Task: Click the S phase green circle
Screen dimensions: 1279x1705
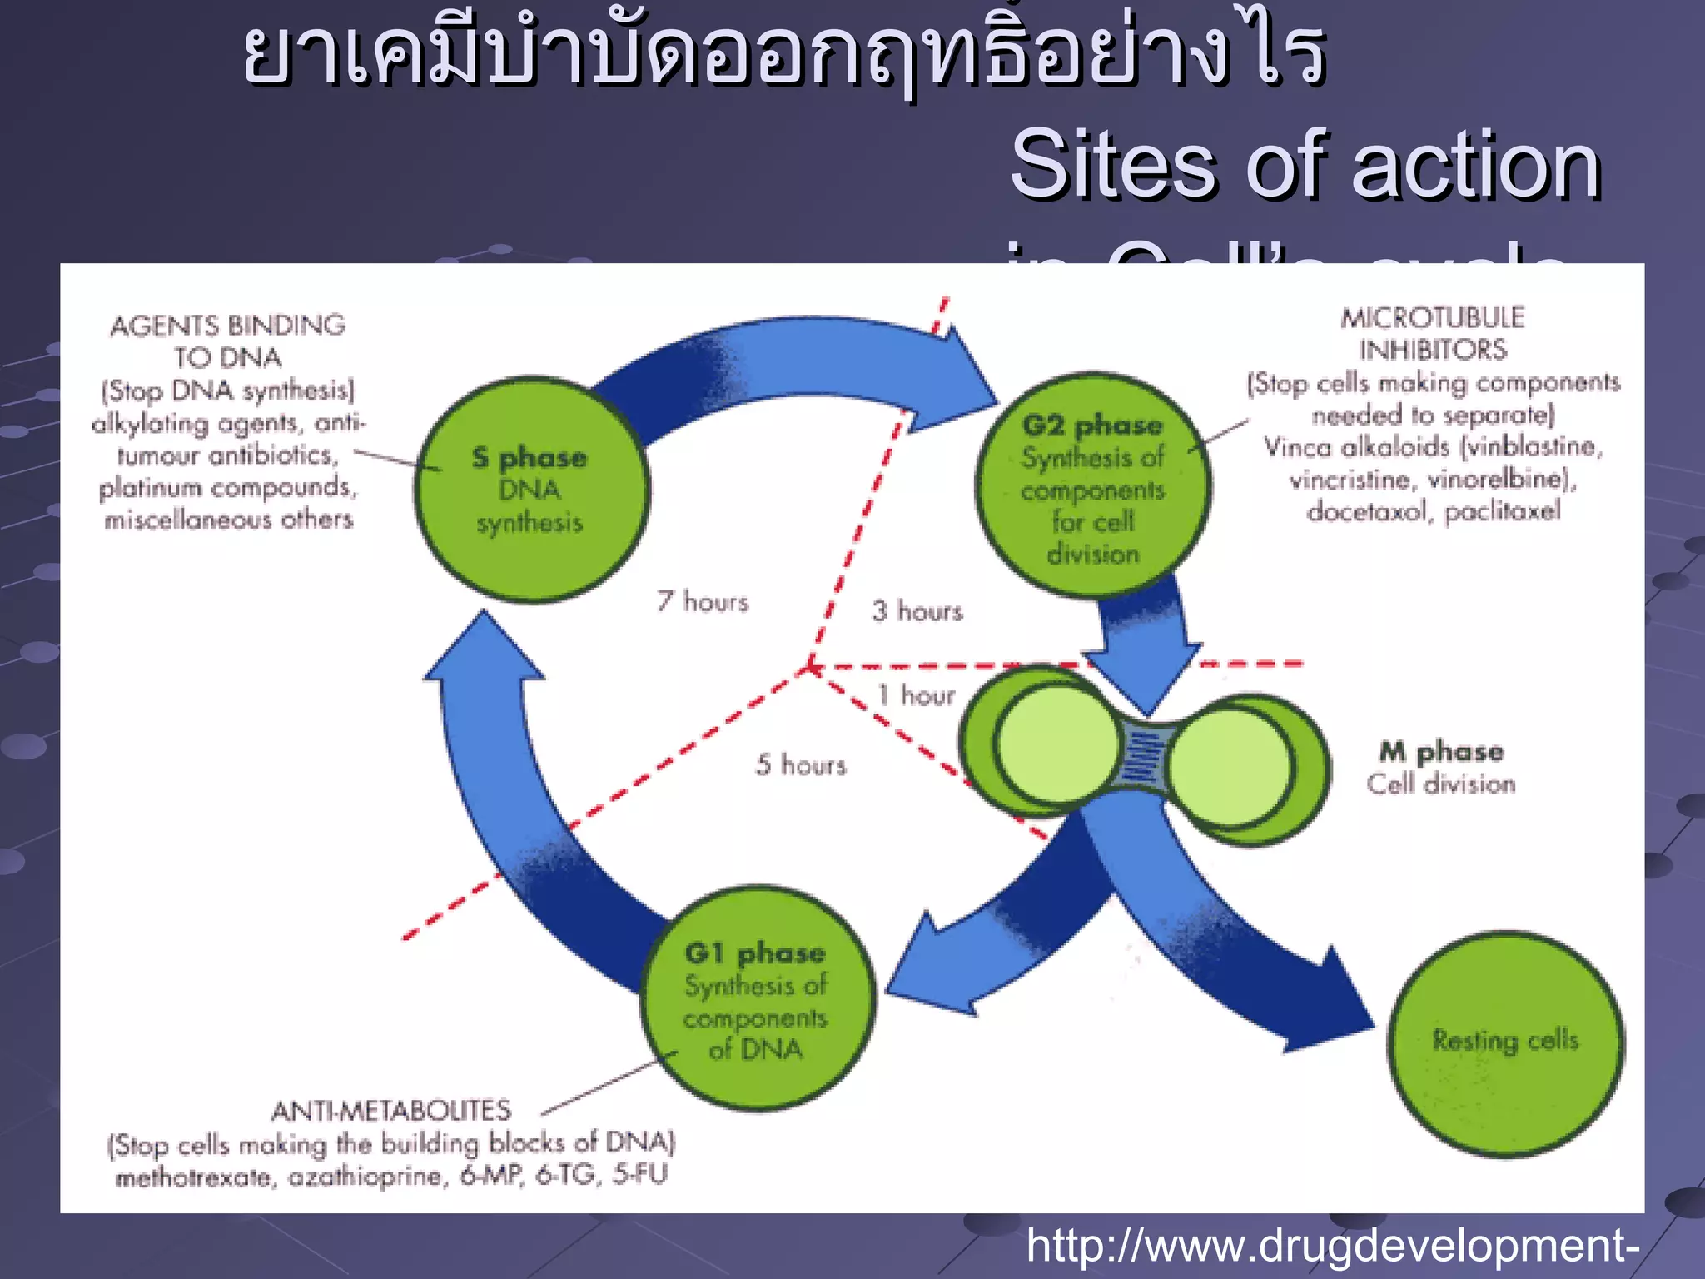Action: click(x=531, y=490)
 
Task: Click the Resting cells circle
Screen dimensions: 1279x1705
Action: click(x=1505, y=1043)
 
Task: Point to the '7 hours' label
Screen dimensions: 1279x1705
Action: click(x=703, y=601)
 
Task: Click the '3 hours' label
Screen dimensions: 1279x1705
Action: click(x=917, y=611)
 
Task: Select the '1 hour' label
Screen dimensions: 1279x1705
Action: click(x=916, y=695)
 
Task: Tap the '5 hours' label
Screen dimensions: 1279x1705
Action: click(x=801, y=764)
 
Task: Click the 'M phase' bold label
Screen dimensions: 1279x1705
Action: click(x=1441, y=752)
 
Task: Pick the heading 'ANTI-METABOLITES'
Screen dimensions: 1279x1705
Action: click(x=391, y=1111)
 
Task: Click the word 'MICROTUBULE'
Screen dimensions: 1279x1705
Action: click(x=1432, y=317)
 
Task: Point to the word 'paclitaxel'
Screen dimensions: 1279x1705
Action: click(x=1502, y=511)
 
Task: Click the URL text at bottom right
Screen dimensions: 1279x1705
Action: click(x=1332, y=1246)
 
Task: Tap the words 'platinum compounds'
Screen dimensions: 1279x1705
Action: click(x=227, y=487)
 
